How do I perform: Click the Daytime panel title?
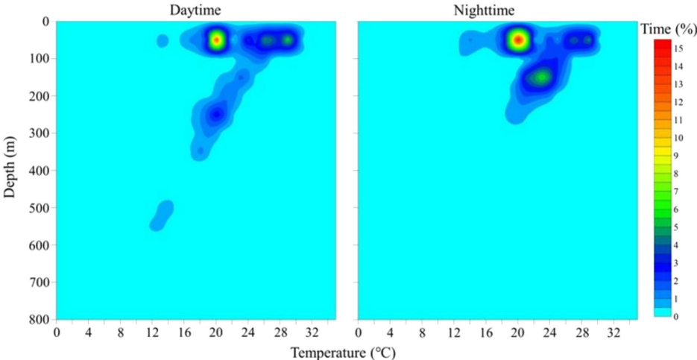coord(195,10)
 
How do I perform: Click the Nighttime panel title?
coord(497,10)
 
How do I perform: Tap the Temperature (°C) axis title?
coord(343,352)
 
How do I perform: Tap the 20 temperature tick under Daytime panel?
coord(216,332)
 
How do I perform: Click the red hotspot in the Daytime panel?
coord(216,40)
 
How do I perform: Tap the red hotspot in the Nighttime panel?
coord(517,40)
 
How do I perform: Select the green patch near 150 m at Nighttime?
coord(540,77)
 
